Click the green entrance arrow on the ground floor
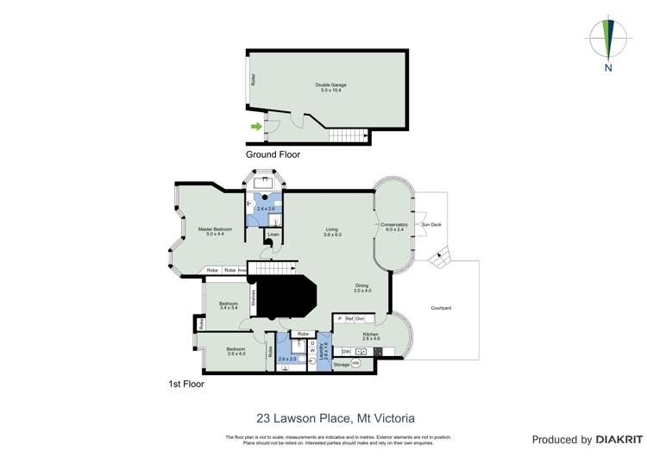(x=256, y=127)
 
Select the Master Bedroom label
(x=216, y=231)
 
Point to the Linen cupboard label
(x=273, y=235)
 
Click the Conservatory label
(x=394, y=227)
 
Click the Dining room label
(x=361, y=289)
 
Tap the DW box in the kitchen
(x=345, y=352)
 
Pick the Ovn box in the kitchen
(x=360, y=319)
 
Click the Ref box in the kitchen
(x=349, y=319)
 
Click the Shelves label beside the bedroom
(x=254, y=299)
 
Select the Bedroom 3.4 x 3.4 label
(x=229, y=305)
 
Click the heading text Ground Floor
(x=273, y=155)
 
